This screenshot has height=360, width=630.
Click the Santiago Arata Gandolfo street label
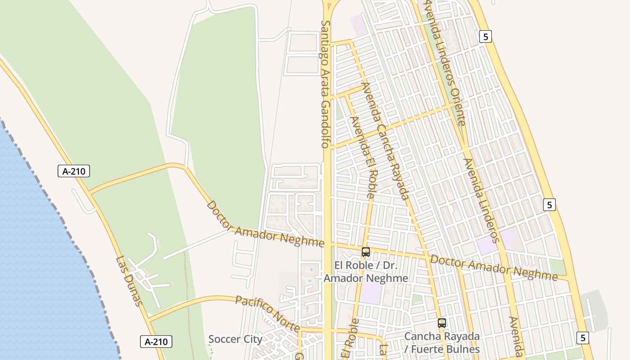[325, 84]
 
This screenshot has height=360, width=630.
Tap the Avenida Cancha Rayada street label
[385, 140]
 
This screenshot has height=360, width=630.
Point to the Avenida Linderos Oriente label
[445, 63]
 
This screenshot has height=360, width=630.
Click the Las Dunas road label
[129, 281]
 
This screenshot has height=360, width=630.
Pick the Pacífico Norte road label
[268, 313]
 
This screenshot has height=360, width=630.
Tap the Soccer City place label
[235, 339]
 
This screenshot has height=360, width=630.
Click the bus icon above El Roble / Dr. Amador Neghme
[366, 252]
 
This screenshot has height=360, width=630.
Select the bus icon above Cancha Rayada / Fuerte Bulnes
[442, 323]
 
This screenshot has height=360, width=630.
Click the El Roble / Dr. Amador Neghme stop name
[366, 272]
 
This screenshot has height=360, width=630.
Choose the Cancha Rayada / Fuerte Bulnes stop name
[442, 342]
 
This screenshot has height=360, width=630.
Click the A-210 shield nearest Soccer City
[156, 342]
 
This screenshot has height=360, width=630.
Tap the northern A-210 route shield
[74, 171]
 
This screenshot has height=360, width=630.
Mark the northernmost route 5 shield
[485, 36]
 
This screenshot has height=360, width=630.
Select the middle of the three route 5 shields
[549, 205]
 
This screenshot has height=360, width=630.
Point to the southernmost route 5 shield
[583, 337]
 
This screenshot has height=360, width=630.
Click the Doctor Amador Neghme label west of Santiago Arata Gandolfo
[265, 224]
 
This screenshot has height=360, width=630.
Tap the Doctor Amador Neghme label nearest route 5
[494, 267]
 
